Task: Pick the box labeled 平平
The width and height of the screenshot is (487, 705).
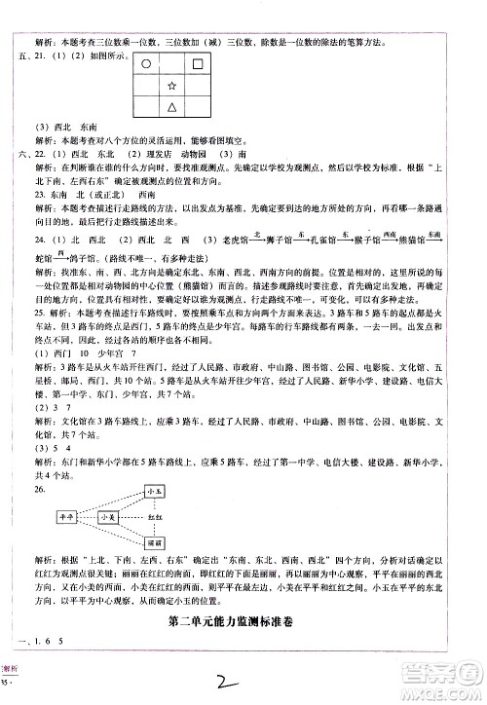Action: click(x=68, y=518)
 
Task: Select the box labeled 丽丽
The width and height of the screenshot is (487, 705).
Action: click(x=156, y=541)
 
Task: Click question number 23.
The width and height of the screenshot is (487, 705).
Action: click(x=39, y=195)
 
